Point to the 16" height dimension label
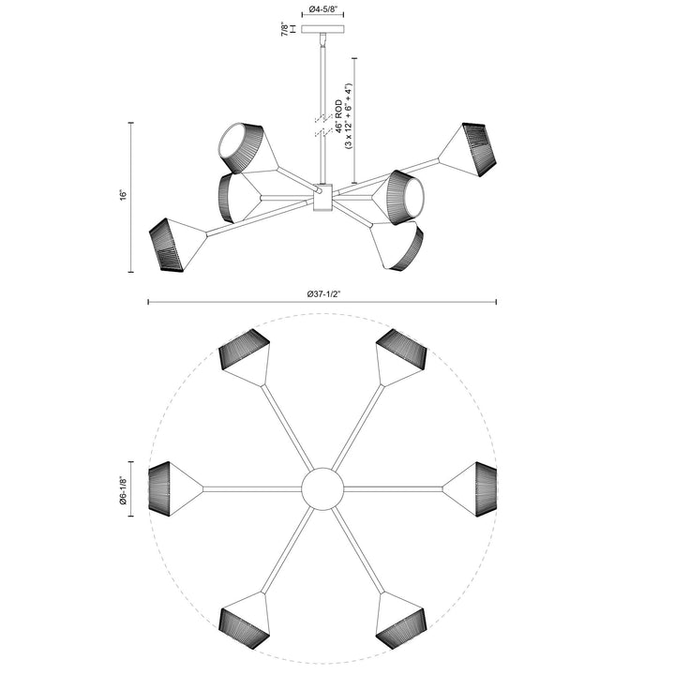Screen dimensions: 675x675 [x=122, y=196]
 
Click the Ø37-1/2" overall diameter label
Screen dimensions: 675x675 [x=323, y=292]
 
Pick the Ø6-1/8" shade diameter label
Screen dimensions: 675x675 [x=124, y=487]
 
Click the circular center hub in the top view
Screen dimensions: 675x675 [x=322, y=488]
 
